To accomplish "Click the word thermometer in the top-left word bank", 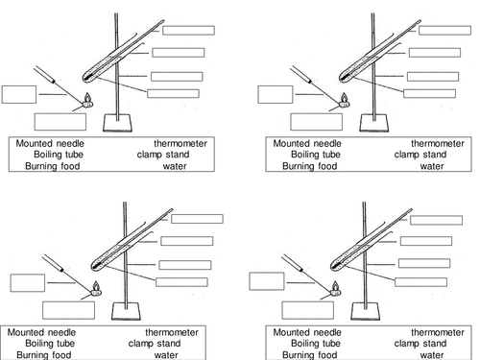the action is pyautogui.click(x=180, y=143).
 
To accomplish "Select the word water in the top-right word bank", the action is pyautogui.click(x=432, y=166).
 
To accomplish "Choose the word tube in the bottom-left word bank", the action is pyautogui.click(x=65, y=344).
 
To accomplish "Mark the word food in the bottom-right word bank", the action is pyautogui.click(x=326, y=355).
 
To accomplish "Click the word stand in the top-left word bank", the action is pyautogui.click(x=177, y=155).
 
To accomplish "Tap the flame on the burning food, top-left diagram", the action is pyautogui.click(x=87, y=97).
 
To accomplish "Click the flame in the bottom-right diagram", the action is pyautogui.click(x=335, y=286).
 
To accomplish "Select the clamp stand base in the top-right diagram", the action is pyautogui.click(x=373, y=123).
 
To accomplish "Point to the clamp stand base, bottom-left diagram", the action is pyautogui.click(x=126, y=311).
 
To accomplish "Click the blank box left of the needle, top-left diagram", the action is pyautogui.click(x=19, y=94).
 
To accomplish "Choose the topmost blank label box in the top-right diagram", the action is pyautogui.click(x=444, y=31).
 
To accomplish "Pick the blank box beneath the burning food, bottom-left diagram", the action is pyautogui.click(x=68, y=310).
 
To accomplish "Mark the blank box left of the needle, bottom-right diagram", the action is pyautogui.click(x=267, y=281).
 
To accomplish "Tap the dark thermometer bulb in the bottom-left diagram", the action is pyautogui.click(x=96, y=265).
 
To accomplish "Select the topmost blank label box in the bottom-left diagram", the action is pyautogui.click(x=197, y=219).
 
